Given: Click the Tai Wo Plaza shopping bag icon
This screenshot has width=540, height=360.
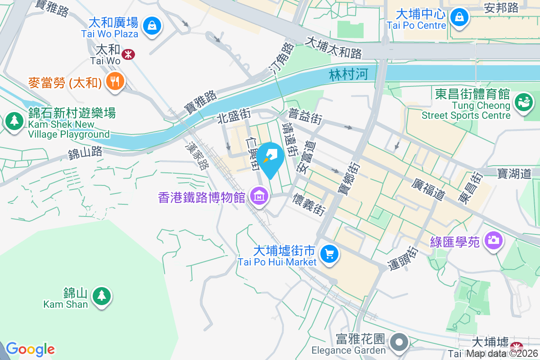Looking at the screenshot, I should [152, 26].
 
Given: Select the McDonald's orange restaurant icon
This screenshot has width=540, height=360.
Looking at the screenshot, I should [115, 81].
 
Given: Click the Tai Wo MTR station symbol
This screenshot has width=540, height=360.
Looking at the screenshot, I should [129, 54].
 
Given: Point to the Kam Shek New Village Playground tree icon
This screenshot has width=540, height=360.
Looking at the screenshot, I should [15, 121].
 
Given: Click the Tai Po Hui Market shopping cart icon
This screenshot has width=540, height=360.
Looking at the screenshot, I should [329, 254].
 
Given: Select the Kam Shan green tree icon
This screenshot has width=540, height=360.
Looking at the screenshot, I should [102, 296].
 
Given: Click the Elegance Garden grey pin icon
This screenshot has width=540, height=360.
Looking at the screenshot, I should [399, 342].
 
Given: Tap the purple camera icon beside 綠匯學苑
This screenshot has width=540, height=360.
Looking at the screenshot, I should [494, 240].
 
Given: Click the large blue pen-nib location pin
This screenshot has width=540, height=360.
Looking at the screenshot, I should [272, 156].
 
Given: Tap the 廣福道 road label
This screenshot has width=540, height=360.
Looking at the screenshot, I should [428, 188].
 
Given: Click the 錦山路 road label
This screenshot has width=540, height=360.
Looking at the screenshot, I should [85, 153].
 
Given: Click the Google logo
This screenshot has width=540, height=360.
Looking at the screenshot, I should [30, 349].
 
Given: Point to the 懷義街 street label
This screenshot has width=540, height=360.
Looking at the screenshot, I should [309, 204].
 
